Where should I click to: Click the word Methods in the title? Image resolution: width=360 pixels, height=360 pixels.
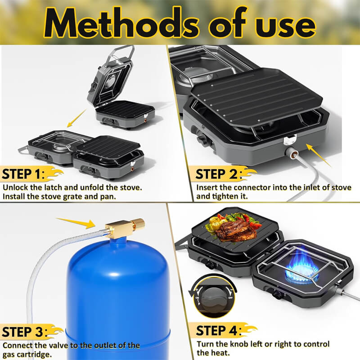tap(121, 23)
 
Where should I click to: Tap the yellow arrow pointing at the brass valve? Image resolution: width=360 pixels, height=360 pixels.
tap(76, 223)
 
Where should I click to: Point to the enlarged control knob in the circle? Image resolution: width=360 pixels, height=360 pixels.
tap(213, 298)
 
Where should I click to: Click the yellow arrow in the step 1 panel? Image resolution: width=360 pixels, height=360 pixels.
tap(76, 118)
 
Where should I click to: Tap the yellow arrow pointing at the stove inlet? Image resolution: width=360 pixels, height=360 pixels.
tap(319, 154)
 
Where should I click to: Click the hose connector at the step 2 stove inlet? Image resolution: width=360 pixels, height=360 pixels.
tap(290, 153)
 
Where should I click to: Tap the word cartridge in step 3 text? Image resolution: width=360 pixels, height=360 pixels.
tap(34, 355)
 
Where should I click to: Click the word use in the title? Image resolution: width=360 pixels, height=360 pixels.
tap(286, 26)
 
